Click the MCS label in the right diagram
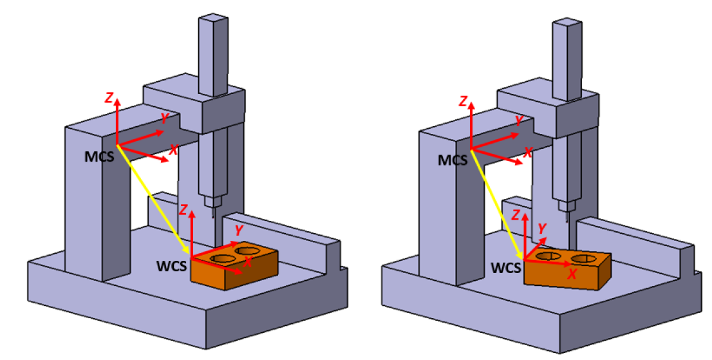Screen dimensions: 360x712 click(x=452, y=160)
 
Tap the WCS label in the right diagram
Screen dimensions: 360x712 click(x=507, y=266)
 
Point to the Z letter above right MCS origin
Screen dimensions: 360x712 click(x=462, y=102)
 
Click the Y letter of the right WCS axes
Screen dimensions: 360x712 click(x=542, y=228)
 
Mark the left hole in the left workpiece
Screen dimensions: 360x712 click(x=223, y=258)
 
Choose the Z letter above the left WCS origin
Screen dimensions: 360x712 click(x=183, y=209)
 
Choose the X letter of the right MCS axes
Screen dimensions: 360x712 click(x=527, y=153)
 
